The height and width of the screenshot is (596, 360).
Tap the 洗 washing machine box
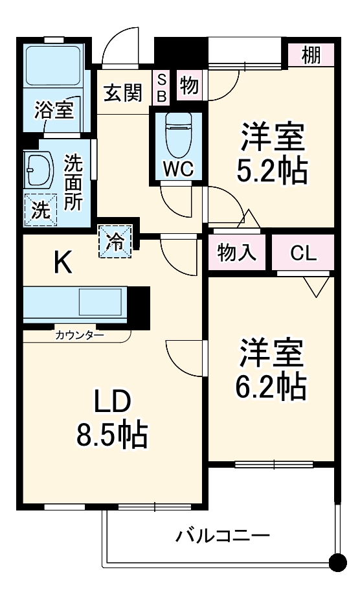(39, 209)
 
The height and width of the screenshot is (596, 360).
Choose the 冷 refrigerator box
(115, 241)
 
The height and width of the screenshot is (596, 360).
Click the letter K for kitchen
(62, 263)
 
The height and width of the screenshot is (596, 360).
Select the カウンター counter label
(78, 335)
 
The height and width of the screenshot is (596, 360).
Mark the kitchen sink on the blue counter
(100, 303)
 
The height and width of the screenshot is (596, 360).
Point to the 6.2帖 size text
(271, 387)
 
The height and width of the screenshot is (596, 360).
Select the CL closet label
(304, 253)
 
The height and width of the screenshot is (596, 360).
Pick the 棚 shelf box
(311, 54)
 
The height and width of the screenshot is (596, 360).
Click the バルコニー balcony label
(223, 536)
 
